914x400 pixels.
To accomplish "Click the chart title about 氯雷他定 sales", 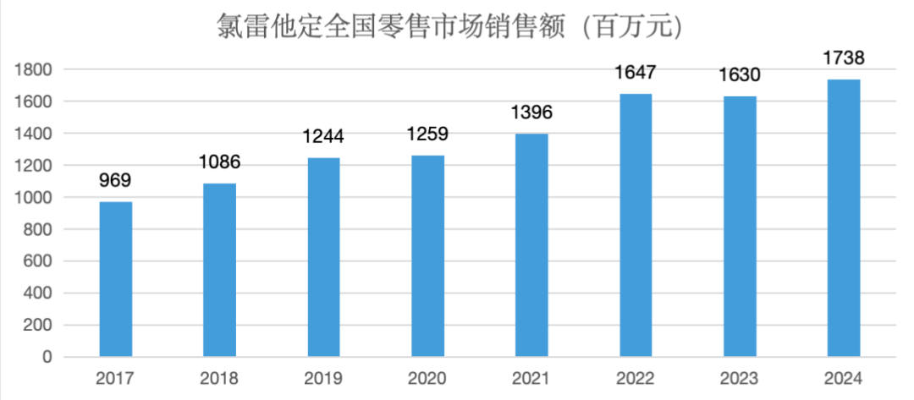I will tap(449, 27).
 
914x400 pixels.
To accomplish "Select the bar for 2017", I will tap(116, 279).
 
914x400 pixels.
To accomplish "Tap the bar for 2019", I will tap(324, 257).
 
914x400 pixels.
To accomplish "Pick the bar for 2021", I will tap(531, 245).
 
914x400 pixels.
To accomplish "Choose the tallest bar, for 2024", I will tap(844, 218).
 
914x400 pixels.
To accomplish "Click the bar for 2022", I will tap(636, 225).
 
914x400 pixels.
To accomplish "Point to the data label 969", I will tap(115, 180).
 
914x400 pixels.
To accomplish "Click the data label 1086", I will tap(220, 162).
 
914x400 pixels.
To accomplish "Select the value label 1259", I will tap(427, 134).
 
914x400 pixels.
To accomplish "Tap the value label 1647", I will tap(636, 73).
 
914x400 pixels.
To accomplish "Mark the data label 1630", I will tap(740, 75).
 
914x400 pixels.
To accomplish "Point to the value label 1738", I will tap(844, 58).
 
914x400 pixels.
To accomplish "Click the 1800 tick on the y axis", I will tap(35, 69).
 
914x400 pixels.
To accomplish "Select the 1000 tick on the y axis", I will tap(35, 198).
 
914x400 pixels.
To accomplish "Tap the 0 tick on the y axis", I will tap(47, 358).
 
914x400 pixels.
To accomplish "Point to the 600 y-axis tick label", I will tap(39, 261).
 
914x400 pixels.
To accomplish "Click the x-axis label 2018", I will tap(220, 378).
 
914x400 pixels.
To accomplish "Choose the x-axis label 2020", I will tap(427, 378).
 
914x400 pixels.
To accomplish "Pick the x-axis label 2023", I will tap(740, 378).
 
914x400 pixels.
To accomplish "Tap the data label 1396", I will tap(531, 112).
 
